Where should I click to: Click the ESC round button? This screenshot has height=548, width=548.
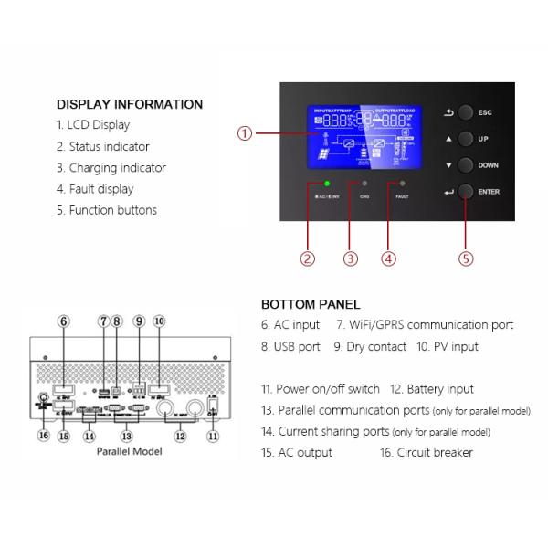point(467,112)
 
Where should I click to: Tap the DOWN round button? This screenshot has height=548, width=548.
point(467,166)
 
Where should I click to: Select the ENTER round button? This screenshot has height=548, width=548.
point(467,192)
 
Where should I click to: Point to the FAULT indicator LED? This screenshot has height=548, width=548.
point(402,184)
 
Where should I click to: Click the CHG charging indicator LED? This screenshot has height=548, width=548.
point(364,184)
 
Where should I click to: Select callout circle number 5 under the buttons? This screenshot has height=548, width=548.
point(466,258)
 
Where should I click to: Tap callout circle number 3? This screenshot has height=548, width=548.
point(351,258)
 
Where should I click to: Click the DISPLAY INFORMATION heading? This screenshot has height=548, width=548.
point(130,104)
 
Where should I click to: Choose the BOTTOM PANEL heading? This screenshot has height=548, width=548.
point(311,304)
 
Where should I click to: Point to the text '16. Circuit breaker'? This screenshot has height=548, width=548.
point(427,452)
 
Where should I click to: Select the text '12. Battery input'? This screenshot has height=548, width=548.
point(432,389)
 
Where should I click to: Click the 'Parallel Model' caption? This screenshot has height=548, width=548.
point(130,452)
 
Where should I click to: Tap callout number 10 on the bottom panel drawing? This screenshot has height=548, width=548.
point(159,321)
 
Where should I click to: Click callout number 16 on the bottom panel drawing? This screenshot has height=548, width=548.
point(42,436)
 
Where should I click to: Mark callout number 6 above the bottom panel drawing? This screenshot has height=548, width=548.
point(63,321)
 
